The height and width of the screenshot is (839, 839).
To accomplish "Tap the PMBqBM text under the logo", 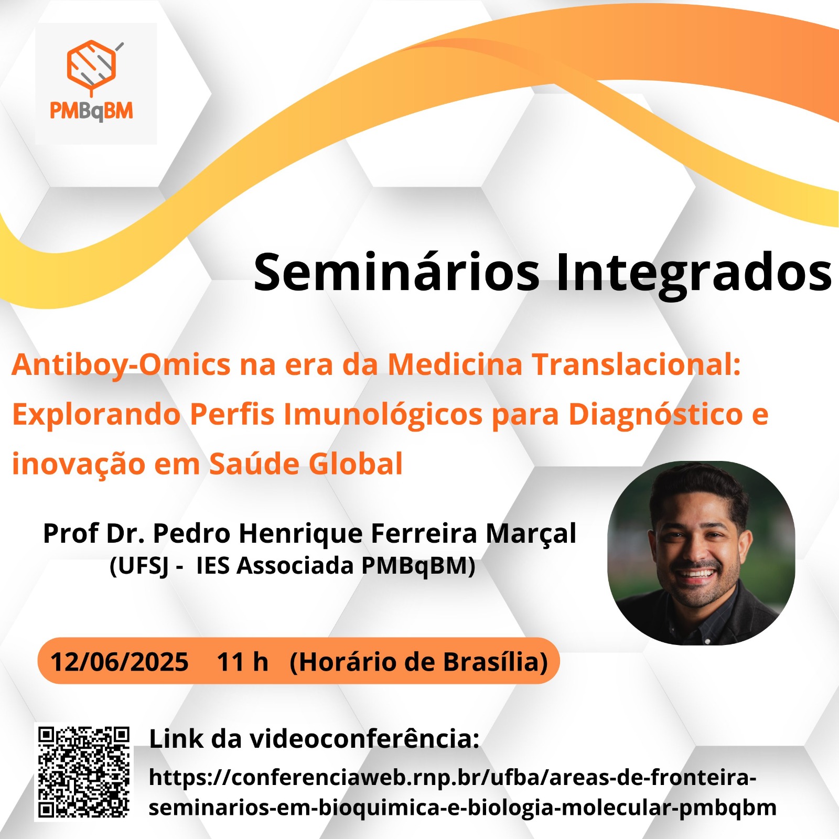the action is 91,111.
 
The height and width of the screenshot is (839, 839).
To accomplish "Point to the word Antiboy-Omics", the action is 121,364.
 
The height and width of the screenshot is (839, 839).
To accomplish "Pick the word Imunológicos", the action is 383,414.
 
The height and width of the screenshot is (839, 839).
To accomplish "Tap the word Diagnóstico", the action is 656,414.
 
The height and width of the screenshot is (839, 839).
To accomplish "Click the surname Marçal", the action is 531,534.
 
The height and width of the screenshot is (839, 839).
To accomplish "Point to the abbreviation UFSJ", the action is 139,566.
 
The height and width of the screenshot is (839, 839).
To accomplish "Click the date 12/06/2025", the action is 119,662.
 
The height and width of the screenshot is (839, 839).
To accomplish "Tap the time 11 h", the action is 242,662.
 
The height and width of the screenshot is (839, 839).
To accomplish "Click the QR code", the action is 84,772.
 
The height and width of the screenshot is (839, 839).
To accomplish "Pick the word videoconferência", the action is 364,739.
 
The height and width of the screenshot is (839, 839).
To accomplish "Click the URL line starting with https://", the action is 453,777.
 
